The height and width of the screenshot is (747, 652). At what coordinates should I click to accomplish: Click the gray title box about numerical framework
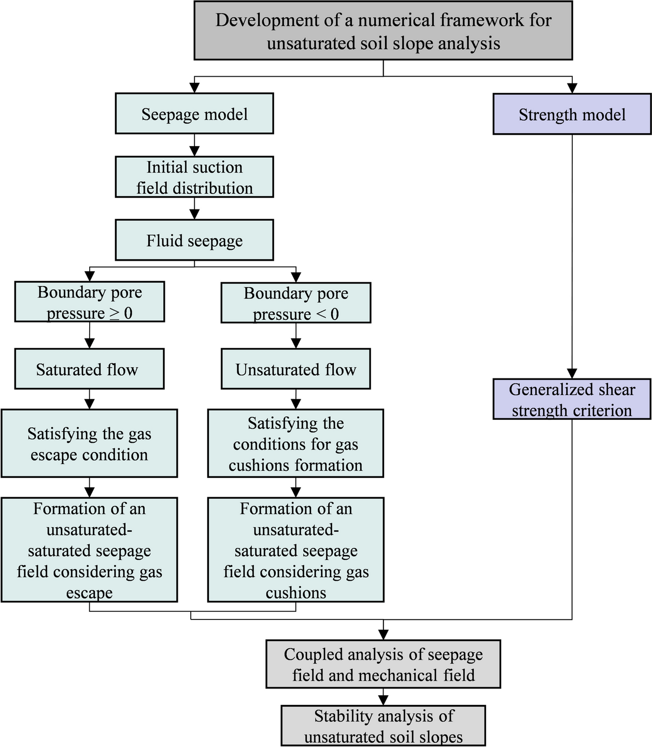[x=383, y=31]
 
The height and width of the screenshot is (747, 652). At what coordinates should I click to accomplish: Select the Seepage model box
[x=194, y=114]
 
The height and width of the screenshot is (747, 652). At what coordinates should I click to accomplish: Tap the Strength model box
[x=572, y=114]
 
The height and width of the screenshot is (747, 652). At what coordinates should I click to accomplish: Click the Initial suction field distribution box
[x=194, y=177]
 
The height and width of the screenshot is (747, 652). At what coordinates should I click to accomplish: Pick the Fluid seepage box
[x=194, y=240]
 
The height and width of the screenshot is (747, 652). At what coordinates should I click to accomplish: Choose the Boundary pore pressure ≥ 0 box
[x=90, y=302]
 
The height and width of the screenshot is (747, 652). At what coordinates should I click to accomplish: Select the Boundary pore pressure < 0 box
[x=296, y=303]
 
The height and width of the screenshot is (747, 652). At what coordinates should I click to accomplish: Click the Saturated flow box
[x=90, y=369]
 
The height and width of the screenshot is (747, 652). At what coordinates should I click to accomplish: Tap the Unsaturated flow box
[x=296, y=369]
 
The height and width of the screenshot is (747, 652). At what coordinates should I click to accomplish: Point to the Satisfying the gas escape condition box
[x=90, y=444]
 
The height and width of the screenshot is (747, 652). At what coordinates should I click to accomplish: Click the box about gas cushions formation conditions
[x=296, y=444]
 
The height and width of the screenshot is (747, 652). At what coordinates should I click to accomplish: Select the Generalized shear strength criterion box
[x=572, y=399]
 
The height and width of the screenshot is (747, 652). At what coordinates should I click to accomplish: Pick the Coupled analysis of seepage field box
[x=383, y=665]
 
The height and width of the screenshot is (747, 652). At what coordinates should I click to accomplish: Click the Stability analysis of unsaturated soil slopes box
[x=383, y=726]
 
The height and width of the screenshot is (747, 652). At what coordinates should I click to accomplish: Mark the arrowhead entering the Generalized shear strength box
[x=572, y=373]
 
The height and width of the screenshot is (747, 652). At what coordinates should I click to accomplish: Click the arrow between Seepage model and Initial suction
[x=194, y=147]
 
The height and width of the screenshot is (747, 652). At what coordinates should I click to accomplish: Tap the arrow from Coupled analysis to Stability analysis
[x=383, y=698]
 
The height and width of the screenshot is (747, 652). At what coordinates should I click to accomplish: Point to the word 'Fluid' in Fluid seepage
[x=164, y=241]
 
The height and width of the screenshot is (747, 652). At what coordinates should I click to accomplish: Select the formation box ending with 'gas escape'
[x=90, y=550]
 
